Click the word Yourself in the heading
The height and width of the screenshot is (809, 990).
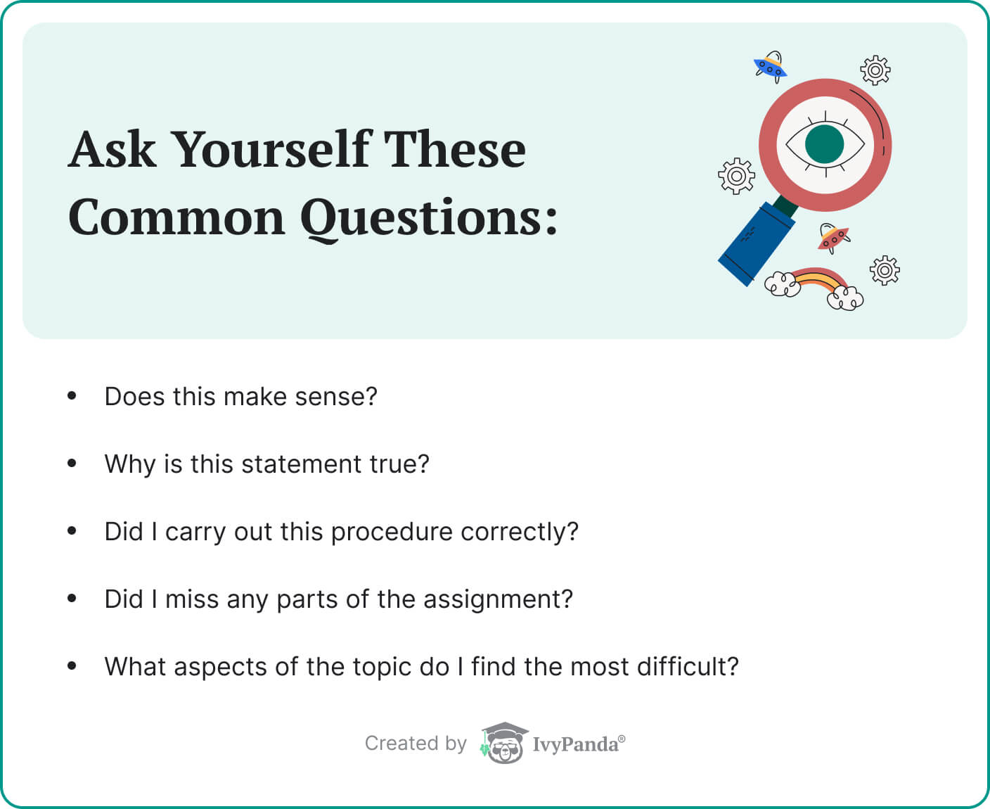tap(272, 149)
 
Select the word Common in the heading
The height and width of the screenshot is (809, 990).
tap(176, 218)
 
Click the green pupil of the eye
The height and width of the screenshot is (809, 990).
tap(824, 144)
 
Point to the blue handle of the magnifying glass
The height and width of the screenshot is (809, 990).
tap(757, 244)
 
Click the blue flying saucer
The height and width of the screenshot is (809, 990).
tap(771, 67)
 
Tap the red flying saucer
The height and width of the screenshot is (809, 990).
tap(834, 238)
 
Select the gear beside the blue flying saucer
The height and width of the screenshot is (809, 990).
tap(875, 70)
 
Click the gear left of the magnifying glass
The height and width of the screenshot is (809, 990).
tap(736, 176)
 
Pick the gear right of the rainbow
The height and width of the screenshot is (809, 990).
tap(885, 271)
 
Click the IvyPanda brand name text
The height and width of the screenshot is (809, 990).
tap(579, 745)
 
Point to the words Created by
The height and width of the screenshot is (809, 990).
tap(416, 744)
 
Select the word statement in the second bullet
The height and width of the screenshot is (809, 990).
tap(301, 464)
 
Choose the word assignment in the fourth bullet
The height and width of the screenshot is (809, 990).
tap(498, 599)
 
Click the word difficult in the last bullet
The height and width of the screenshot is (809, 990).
tap(688, 667)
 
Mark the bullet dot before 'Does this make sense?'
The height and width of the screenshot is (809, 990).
tap(72, 395)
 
